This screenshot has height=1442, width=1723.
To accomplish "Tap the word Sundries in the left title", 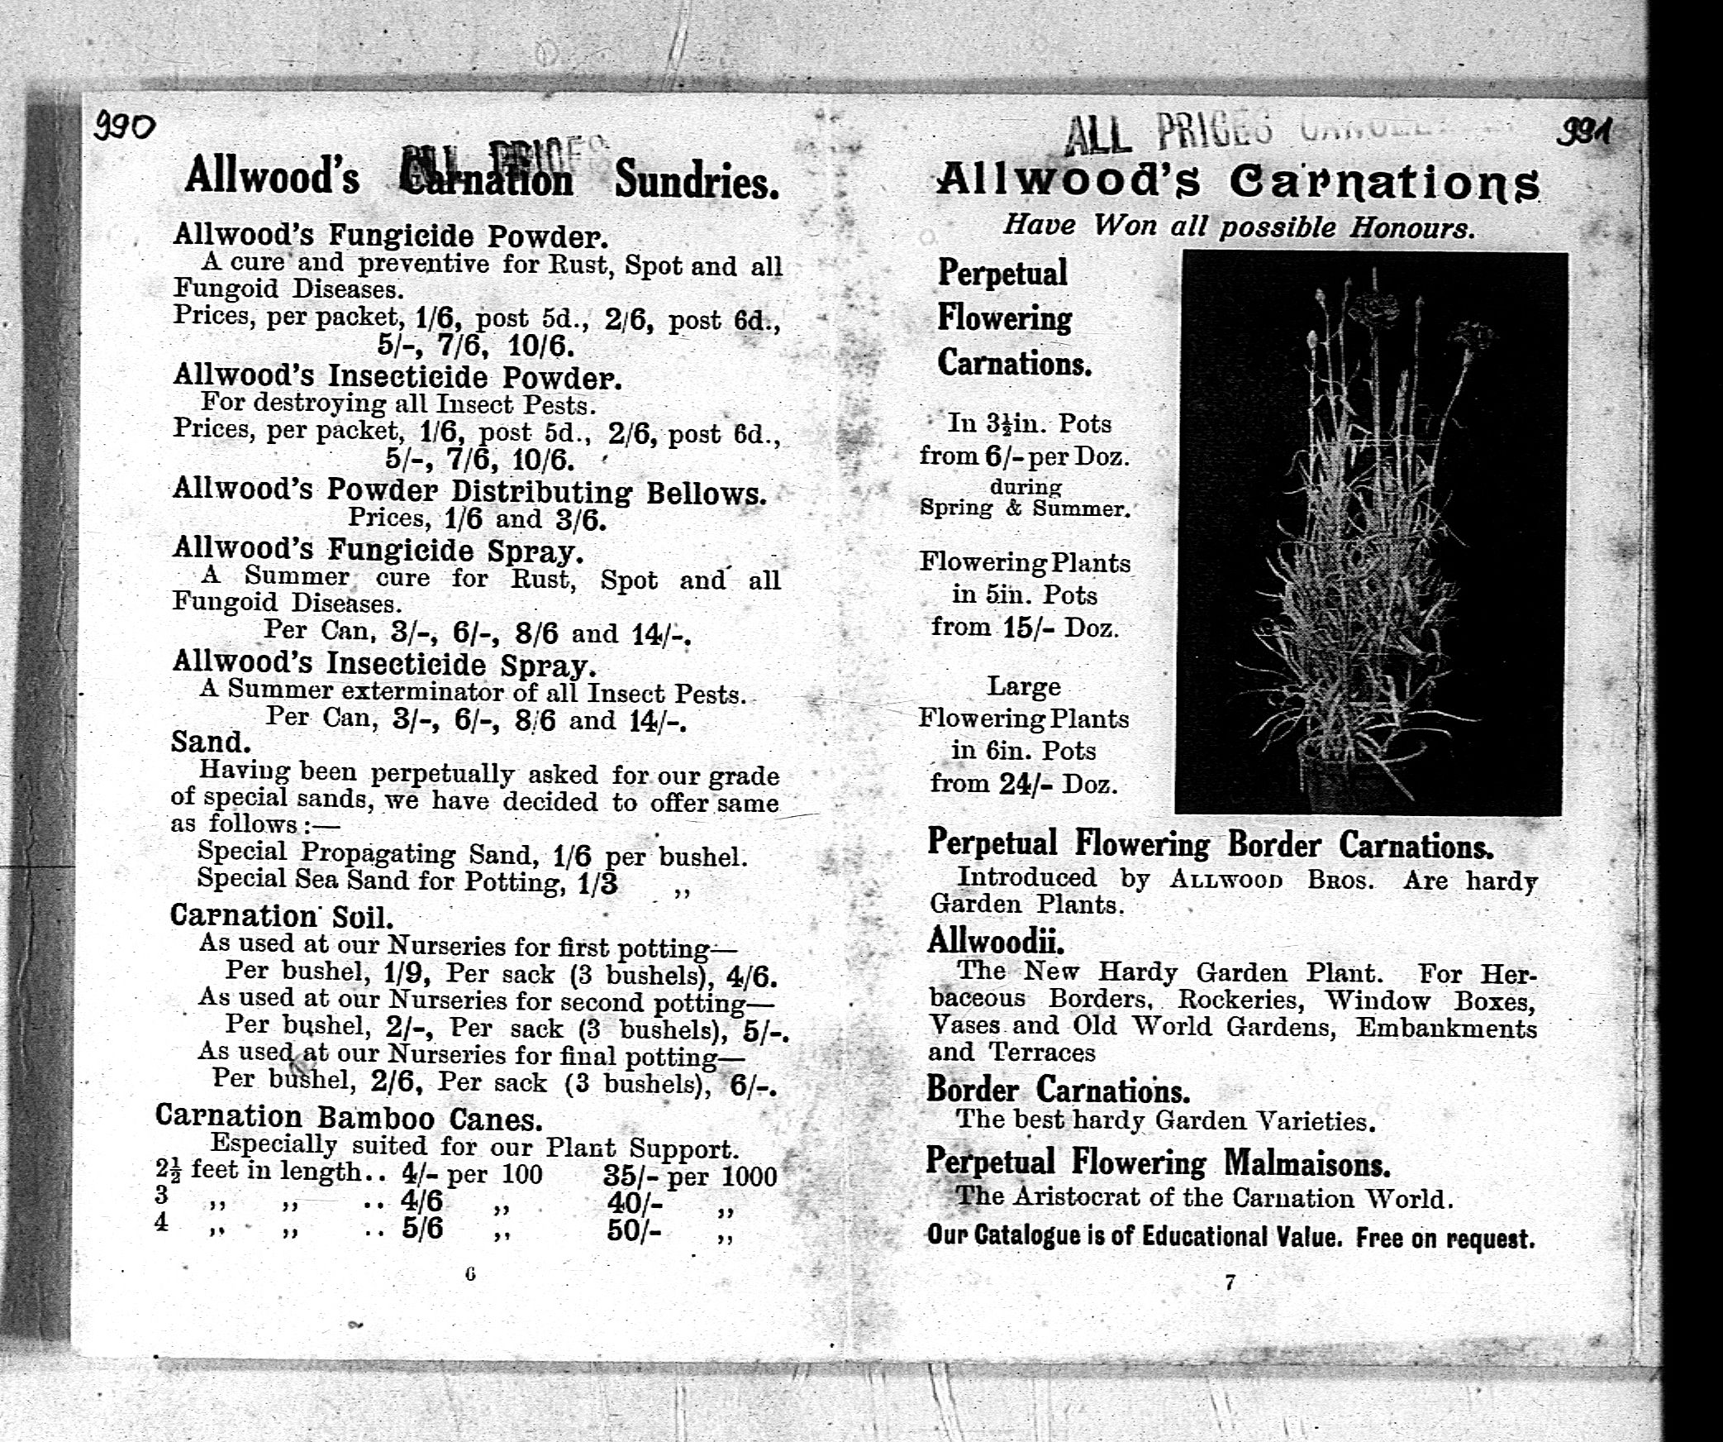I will (x=696, y=180).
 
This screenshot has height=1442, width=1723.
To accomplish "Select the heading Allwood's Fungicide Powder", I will (x=390, y=236).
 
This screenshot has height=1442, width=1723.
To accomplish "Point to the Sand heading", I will (x=210, y=742).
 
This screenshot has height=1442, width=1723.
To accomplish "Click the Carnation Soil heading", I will (x=281, y=916).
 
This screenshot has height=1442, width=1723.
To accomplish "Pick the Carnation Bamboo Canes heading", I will (x=348, y=1118).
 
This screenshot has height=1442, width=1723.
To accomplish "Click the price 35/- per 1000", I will (x=689, y=1176).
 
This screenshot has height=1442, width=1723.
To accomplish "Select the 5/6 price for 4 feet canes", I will (x=422, y=1229).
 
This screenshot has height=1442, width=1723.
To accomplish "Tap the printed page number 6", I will (x=470, y=1274).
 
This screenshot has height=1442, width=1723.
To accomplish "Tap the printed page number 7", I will (x=1230, y=1282).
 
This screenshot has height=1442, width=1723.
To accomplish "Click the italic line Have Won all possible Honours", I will (x=1238, y=226).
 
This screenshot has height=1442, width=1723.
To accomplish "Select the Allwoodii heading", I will (x=995, y=941).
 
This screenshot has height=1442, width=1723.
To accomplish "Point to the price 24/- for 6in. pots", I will (x=1026, y=783).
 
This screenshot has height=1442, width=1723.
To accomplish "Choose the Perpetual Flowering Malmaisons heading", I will (x=1157, y=1163).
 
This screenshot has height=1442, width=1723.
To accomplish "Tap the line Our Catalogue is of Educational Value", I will (x=1230, y=1237).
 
